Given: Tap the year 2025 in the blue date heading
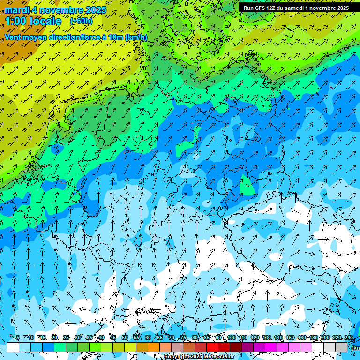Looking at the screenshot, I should point(94,10).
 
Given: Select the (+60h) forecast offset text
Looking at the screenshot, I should point(81,21).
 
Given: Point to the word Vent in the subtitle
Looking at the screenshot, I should point(14,37).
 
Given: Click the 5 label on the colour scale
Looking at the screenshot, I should point(17,338).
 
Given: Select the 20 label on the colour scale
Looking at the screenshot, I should point(54,338).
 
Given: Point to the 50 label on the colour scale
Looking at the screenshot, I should point(125,338).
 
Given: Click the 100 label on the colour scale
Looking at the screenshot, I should point(231,338).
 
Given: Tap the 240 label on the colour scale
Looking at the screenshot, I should point(348,338).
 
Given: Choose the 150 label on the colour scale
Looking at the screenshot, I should point(290,338).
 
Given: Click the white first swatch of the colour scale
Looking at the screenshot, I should point(13,347).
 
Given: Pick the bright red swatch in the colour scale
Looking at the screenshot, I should point(212,347).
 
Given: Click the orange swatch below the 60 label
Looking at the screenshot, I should point(154,347).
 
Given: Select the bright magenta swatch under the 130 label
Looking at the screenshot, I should point(271,347).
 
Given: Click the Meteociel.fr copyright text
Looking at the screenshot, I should point(199,357).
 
